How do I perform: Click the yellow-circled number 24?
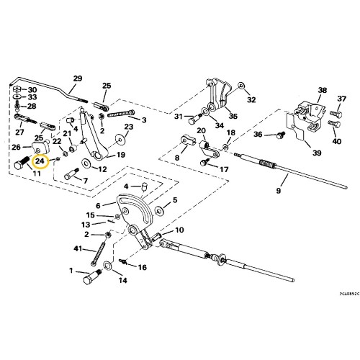(40, 161)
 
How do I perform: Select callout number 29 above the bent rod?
(78, 78)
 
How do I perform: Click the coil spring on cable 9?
(267, 164)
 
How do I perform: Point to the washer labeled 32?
(240, 86)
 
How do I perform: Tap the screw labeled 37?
(336, 114)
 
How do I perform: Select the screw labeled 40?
(334, 124)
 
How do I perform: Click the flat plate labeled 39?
(296, 127)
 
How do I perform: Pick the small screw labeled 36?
(281, 135)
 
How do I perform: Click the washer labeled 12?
(86, 163)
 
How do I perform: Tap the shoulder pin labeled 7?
(72, 174)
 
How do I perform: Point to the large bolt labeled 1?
(92, 276)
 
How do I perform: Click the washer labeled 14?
(107, 266)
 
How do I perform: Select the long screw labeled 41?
(98, 253)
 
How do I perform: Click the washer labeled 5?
(158, 210)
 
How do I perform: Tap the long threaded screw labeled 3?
(121, 113)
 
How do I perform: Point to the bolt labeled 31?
(195, 119)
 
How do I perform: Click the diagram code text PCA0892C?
(349, 293)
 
